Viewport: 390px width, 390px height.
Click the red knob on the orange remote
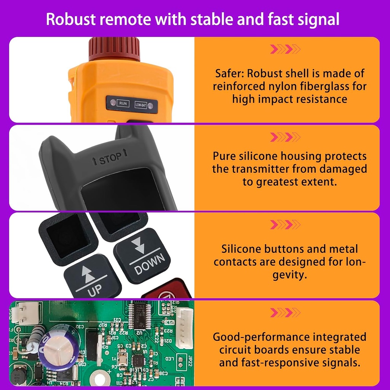(114, 49)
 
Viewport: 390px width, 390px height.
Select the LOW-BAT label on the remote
(141, 104)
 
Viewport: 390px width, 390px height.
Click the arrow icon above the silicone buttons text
(285, 225)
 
